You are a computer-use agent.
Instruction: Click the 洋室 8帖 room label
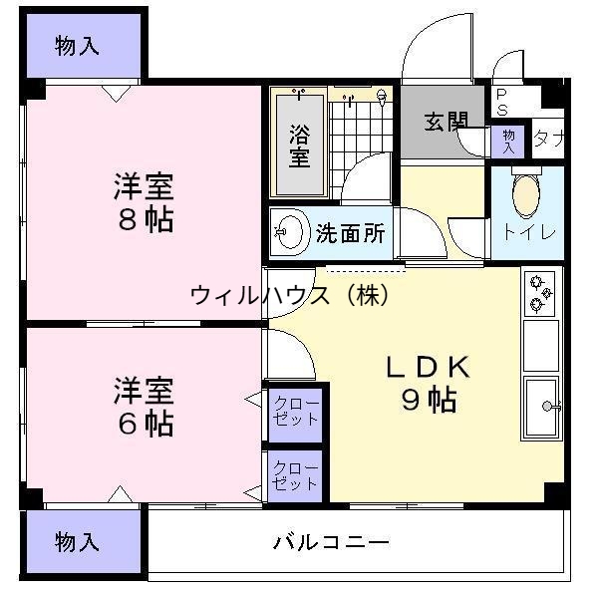[144, 202]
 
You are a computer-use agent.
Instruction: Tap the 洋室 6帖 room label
[144, 407]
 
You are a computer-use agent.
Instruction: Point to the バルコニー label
[332, 543]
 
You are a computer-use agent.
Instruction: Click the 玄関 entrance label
[445, 122]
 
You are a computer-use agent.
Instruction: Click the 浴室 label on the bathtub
[299, 146]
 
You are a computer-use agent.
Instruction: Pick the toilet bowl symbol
[525, 194]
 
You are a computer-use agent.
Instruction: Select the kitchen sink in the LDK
[542, 407]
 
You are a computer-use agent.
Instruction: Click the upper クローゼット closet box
[296, 411]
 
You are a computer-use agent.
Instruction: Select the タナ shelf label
[547, 138]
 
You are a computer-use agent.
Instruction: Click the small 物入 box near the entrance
[507, 140]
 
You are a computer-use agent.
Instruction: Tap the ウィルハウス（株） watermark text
[288, 295]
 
